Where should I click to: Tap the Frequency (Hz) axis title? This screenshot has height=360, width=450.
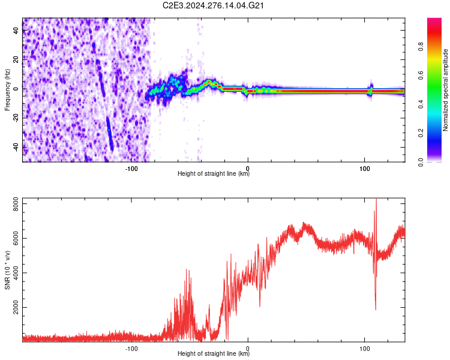(x=7, y=89)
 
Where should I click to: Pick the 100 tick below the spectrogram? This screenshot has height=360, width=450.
(x=364, y=169)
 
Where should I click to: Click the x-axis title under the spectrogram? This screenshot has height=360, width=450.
(x=214, y=174)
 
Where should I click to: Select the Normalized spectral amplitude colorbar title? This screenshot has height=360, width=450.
(x=446, y=90)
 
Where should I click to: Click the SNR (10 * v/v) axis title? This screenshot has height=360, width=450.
(x=7, y=269)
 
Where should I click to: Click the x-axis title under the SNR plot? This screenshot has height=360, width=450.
(x=214, y=354)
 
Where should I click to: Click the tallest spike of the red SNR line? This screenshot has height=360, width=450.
(x=376, y=201)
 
